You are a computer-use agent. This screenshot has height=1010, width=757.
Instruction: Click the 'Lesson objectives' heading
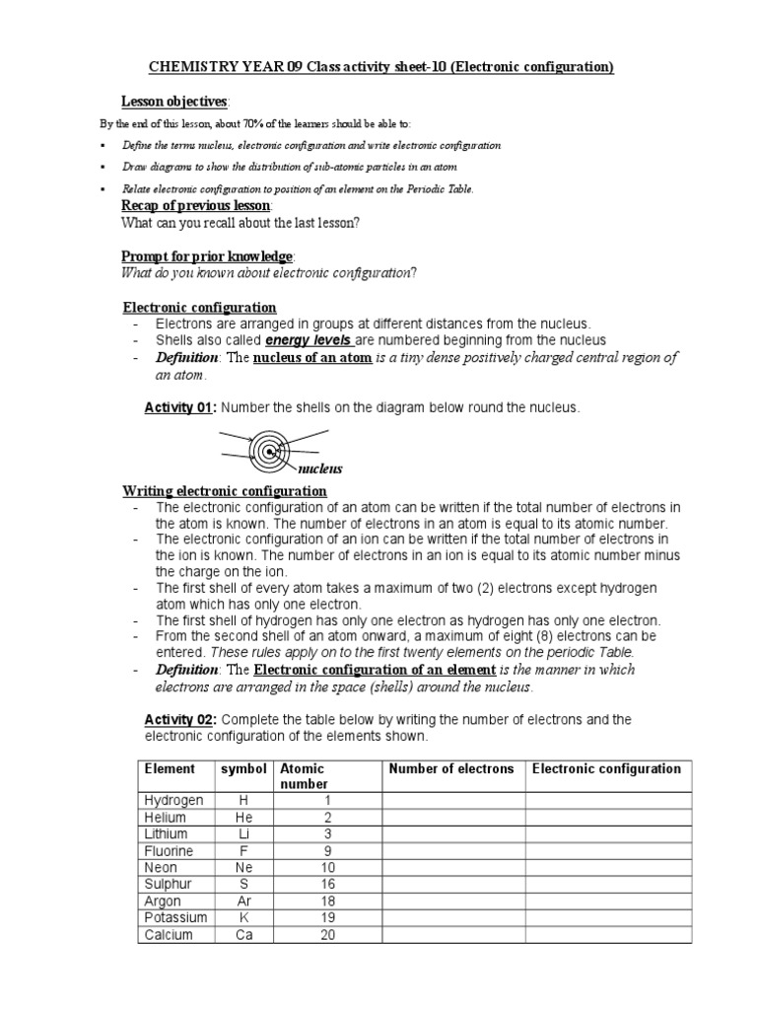click(x=174, y=102)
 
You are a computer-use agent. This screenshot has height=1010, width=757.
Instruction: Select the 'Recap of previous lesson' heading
click(x=195, y=205)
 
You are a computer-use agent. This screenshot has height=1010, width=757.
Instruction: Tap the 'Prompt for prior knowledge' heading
click(x=206, y=255)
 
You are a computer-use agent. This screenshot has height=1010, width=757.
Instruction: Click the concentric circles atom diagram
click(x=267, y=452)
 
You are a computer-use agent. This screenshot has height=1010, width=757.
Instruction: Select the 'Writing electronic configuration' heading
click(x=224, y=491)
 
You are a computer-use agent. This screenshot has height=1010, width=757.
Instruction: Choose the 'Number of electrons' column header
click(x=451, y=768)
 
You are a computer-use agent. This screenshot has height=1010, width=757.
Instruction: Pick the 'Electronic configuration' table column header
click(x=605, y=768)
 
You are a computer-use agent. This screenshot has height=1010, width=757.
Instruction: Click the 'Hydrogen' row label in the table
click(x=173, y=800)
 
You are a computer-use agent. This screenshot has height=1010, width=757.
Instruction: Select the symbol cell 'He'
click(x=243, y=817)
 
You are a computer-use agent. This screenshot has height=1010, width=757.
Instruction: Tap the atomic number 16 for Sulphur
click(x=324, y=884)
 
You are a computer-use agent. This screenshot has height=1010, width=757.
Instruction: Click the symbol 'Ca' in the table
click(x=243, y=934)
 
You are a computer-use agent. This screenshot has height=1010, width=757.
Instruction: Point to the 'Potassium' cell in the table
click(x=175, y=917)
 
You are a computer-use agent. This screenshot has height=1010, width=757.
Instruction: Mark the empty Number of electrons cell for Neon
click(x=452, y=867)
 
